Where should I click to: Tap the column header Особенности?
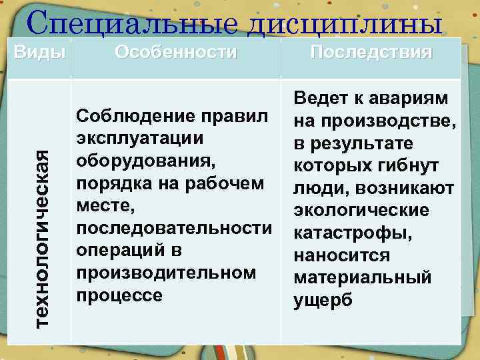click(175, 52)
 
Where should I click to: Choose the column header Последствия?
click(371, 52)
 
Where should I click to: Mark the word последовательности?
click(174, 229)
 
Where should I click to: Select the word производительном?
click(166, 273)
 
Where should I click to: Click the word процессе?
click(120, 296)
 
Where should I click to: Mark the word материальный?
click(362, 278)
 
